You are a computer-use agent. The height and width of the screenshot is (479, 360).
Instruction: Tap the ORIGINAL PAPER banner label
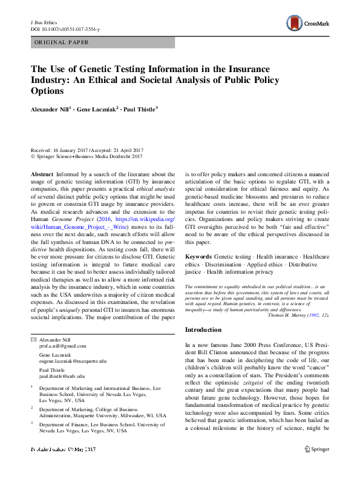(62, 43)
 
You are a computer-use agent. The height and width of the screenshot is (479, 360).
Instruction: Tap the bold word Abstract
(42, 174)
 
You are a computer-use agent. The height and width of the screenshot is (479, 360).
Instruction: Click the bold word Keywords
(199, 257)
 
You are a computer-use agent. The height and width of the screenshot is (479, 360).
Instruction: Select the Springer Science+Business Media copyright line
(89, 156)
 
